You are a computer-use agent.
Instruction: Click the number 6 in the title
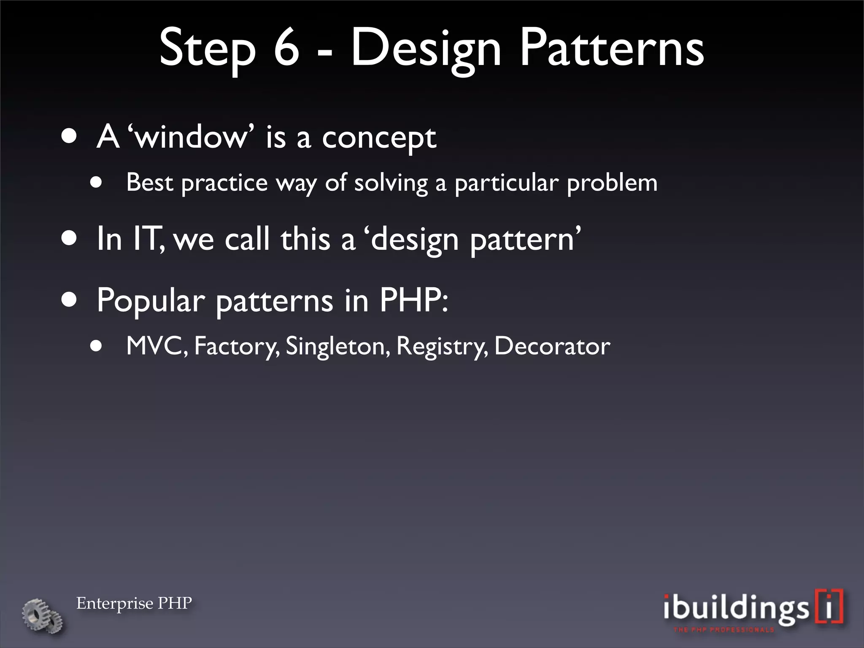286,47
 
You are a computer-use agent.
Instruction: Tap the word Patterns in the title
612,47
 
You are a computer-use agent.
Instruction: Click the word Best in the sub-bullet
150,183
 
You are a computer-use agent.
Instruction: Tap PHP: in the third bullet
413,300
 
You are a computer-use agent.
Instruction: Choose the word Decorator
552,346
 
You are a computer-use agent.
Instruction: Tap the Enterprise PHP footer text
134,603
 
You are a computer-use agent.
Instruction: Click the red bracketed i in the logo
829,606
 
